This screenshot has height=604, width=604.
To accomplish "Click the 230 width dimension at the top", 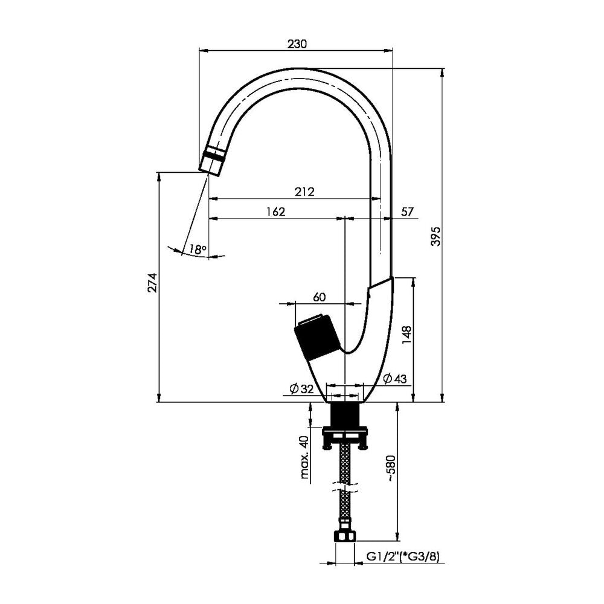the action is [297, 44].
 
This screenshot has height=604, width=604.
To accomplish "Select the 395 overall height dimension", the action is [435, 236].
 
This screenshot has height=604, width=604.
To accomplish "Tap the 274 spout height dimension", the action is [153, 283].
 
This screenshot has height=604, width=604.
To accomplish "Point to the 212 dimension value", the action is [304, 191].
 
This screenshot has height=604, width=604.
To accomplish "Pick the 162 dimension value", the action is [276, 211].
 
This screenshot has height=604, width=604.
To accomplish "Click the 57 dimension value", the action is [407, 211].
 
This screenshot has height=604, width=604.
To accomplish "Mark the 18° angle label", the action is [198, 249].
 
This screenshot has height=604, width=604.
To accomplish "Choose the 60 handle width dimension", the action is [320, 297].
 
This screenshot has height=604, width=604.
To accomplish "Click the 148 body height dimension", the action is [406, 335].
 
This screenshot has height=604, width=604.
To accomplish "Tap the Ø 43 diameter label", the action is [395, 379].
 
